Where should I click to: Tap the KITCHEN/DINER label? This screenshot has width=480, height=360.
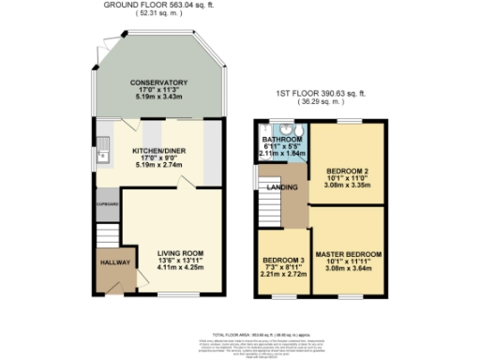[x=158, y=151]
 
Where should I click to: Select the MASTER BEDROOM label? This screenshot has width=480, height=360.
[x=347, y=255]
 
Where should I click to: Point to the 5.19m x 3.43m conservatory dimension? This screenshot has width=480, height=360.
[x=159, y=97]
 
